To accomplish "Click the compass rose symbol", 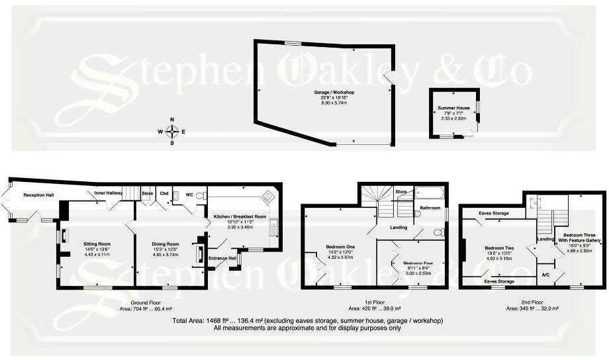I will coord(172,131).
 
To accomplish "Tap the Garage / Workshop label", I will coord(334,92).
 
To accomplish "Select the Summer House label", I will coord(453,108).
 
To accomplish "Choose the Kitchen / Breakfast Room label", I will coord(240,217).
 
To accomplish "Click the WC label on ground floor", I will coord(189,195).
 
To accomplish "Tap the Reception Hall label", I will coord(39,195).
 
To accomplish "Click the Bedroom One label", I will coord(340,247).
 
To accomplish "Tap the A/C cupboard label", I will coord(545,274).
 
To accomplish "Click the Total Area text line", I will coord(307,320).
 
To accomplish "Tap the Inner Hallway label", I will coord(109,193).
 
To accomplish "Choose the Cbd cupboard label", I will coord(164,193).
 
